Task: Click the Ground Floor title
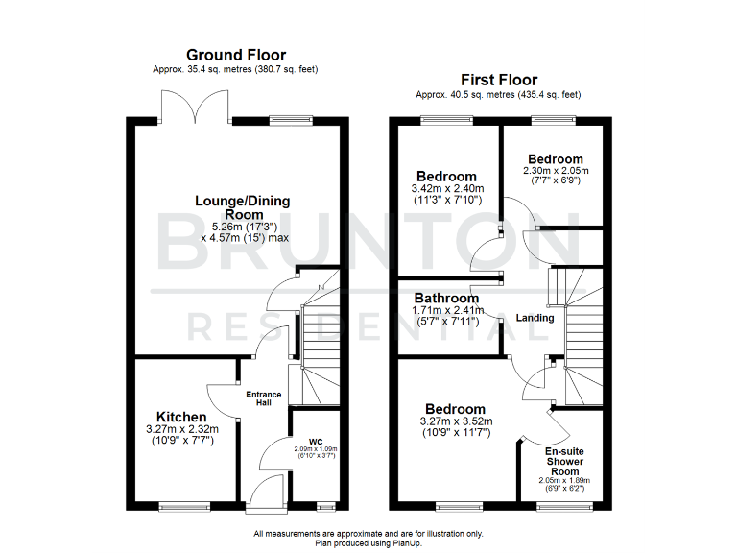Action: [x=236, y=55]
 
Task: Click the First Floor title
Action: [x=498, y=80]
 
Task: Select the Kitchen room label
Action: [x=181, y=417]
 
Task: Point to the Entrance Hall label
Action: [x=264, y=397]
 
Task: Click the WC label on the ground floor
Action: [x=316, y=442]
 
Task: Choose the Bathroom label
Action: [x=446, y=298]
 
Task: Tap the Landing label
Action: [x=535, y=318]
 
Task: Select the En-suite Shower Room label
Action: [x=564, y=461]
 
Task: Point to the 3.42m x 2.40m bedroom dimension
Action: [x=445, y=189]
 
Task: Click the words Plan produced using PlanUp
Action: [x=368, y=543]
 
